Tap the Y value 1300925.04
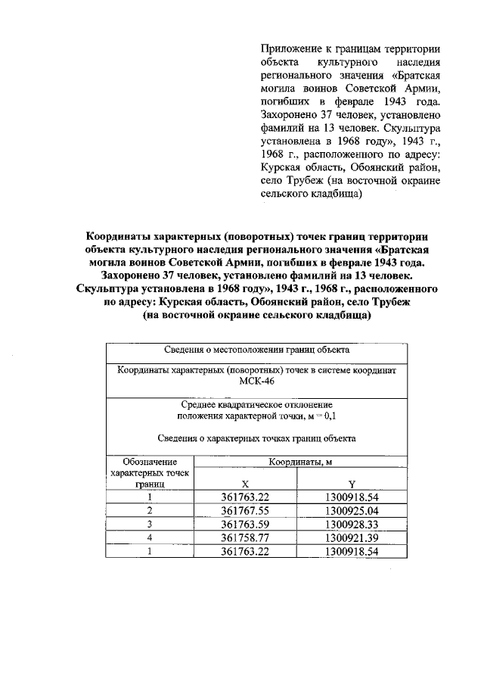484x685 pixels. coord(351,510)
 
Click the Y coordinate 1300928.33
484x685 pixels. coord(351,524)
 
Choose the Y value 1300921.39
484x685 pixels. coord(351,537)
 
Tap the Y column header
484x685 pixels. coord(352,484)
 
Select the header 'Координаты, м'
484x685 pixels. coord(301,461)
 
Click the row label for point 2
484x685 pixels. coord(150,510)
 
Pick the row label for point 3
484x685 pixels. coord(150,524)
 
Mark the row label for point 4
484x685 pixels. coord(150,537)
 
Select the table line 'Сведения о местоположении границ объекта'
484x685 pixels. coord(256,350)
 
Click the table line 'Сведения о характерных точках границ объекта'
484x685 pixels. coord(256,438)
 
